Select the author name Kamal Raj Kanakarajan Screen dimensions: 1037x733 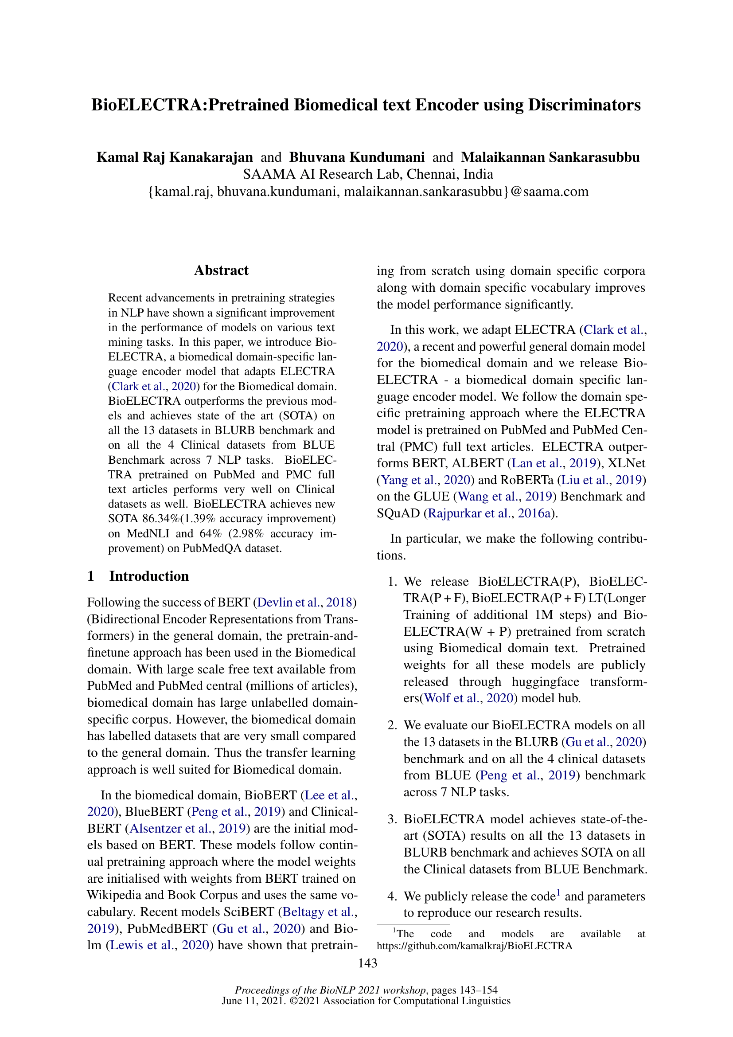click(175, 157)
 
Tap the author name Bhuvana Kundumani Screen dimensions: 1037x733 click(357, 157)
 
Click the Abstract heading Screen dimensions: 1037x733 click(221, 270)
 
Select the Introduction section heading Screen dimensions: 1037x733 click(149, 576)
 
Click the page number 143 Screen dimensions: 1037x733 click(367, 963)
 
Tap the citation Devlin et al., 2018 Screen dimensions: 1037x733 click(305, 603)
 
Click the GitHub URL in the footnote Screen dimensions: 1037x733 click(474, 946)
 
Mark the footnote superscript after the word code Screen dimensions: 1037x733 click(558, 892)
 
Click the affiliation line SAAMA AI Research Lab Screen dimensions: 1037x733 click(367, 174)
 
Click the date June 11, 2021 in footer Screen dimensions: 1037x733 click(253, 1001)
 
